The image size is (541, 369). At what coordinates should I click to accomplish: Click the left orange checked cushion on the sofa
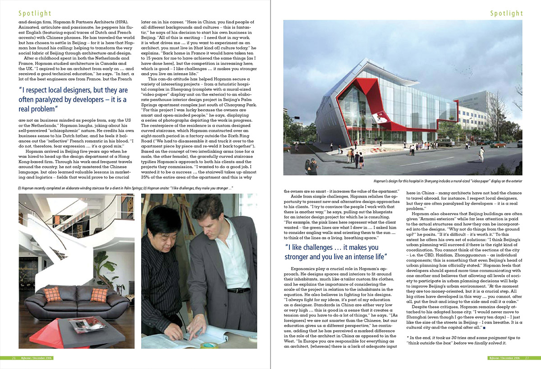(52, 294)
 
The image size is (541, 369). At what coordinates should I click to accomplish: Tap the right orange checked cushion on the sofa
(99, 295)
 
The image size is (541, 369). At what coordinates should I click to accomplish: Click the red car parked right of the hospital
(498, 144)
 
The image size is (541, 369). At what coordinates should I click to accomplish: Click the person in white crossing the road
(482, 156)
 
